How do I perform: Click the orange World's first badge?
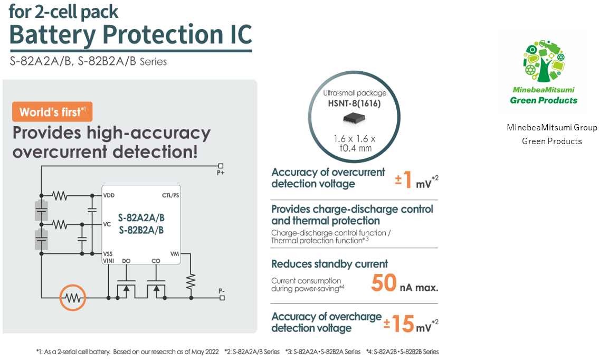[x=52, y=111]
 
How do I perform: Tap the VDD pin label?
[x=109, y=195]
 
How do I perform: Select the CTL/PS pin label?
[x=170, y=195]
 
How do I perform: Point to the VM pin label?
[x=175, y=254]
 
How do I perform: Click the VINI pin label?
[x=109, y=261]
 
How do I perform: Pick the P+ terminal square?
[x=221, y=166]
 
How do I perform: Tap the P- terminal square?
[x=222, y=298]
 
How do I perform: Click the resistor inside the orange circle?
[x=73, y=298]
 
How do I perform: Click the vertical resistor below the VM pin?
[x=191, y=282]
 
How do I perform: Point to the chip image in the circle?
[x=354, y=118]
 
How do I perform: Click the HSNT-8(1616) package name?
[x=354, y=103]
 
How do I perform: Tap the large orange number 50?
[x=384, y=283]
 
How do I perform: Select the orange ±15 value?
[x=399, y=324]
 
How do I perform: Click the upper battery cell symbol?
[x=41, y=210]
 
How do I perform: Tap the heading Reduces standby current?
[x=329, y=264]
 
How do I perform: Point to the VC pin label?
[x=107, y=224]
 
